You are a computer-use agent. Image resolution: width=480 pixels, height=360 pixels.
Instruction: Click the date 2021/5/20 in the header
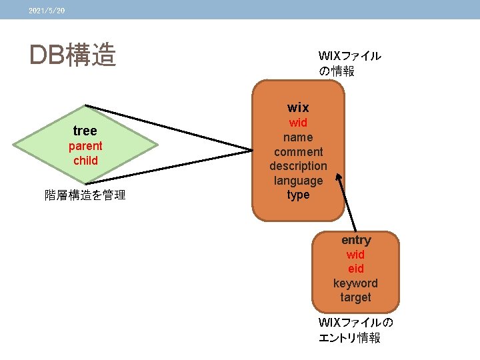[47, 11]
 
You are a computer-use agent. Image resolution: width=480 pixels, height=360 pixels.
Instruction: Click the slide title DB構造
[73, 56]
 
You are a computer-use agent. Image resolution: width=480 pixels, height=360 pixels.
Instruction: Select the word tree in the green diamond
[85, 131]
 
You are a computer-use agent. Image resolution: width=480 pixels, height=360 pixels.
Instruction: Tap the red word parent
[85, 146]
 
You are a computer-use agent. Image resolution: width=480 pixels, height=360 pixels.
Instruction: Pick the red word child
[85, 161]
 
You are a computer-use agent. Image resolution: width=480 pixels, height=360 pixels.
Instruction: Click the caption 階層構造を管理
[85, 195]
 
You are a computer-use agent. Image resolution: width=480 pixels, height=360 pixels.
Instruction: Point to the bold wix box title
[298, 107]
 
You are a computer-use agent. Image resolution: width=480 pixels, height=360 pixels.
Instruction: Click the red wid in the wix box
[298, 123]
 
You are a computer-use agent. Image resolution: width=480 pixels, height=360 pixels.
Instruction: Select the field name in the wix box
[298, 137]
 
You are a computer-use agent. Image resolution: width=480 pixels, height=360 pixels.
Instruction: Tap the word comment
[298, 152]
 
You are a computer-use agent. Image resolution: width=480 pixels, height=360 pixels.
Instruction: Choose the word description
[298, 166]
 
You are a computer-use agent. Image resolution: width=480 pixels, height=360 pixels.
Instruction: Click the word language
[298, 181]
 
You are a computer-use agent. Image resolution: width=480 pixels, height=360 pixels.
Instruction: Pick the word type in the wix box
[298, 195]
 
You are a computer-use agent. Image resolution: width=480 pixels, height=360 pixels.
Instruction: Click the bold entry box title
[356, 240]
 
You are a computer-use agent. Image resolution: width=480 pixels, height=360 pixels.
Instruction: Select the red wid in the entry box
[355, 255]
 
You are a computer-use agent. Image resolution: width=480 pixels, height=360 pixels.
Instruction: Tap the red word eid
[355, 269]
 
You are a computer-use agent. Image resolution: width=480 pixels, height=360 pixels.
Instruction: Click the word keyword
[355, 283]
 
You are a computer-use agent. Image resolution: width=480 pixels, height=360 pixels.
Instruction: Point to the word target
[355, 297]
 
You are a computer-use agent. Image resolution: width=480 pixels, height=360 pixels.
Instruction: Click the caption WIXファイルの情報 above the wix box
[349, 63]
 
